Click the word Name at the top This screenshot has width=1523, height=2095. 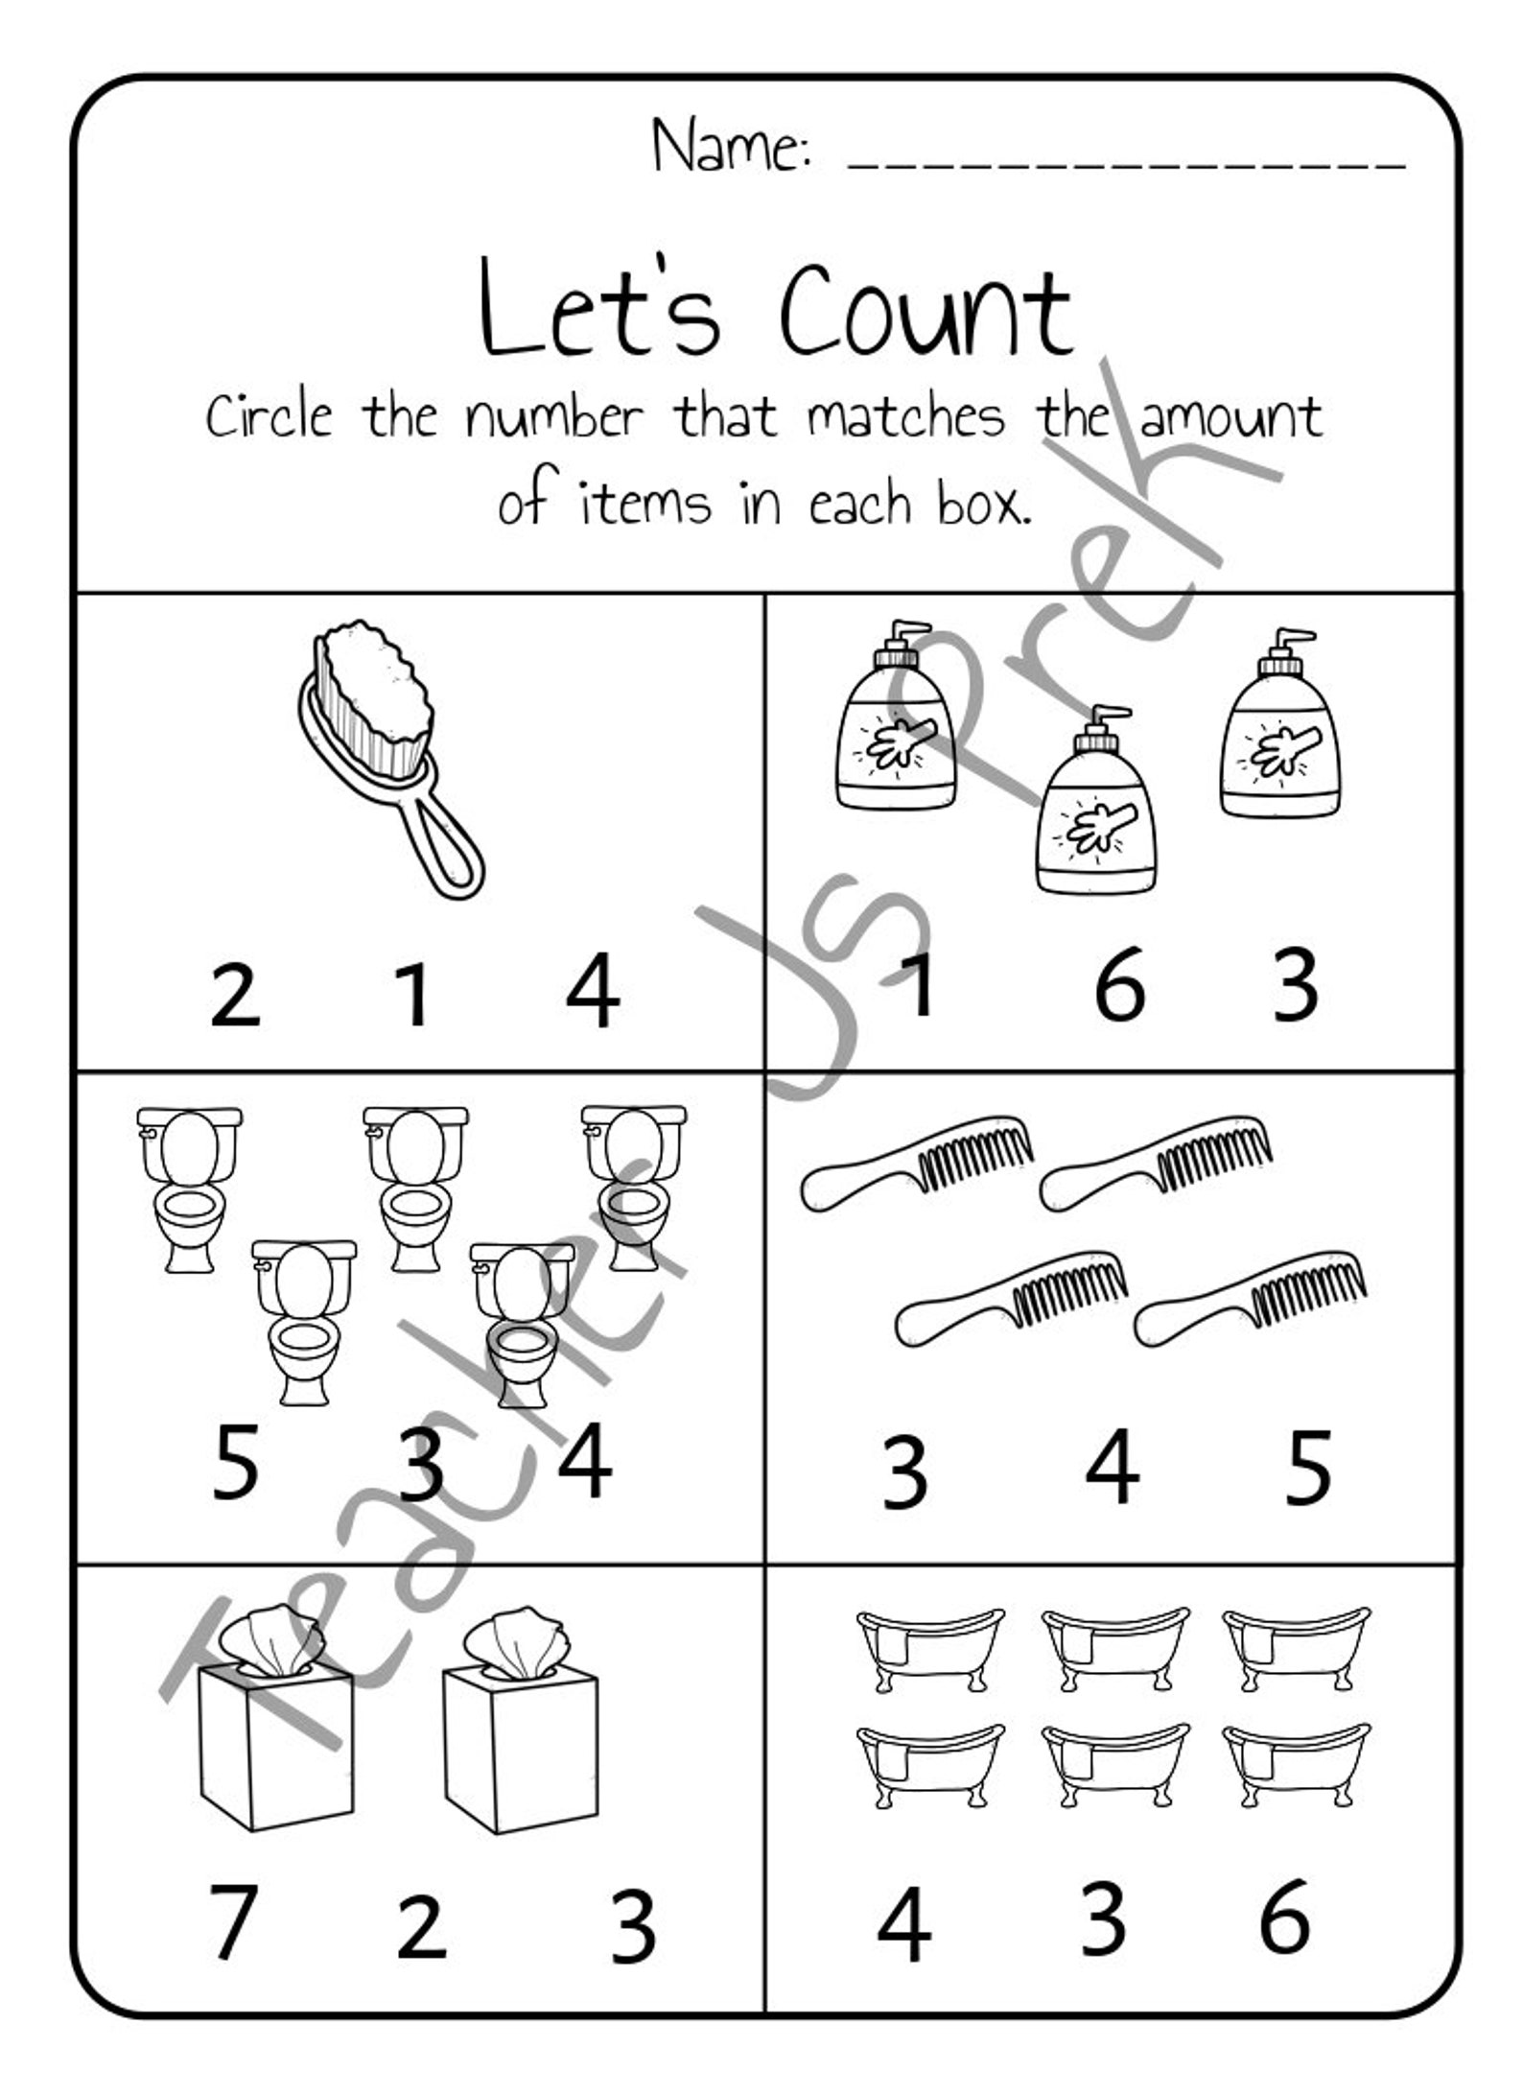pyautogui.click(x=731, y=147)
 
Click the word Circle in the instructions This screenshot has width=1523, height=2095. pyautogui.click(x=269, y=418)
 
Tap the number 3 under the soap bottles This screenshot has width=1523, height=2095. pyautogui.click(x=1296, y=985)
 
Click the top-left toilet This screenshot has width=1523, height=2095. pyautogui.click(x=190, y=1189)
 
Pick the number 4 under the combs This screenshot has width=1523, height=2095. pyautogui.click(x=1113, y=1467)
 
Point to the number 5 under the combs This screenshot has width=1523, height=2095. pyautogui.click(x=1308, y=1467)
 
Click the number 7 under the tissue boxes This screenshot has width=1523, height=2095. pyautogui.click(x=231, y=1923)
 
